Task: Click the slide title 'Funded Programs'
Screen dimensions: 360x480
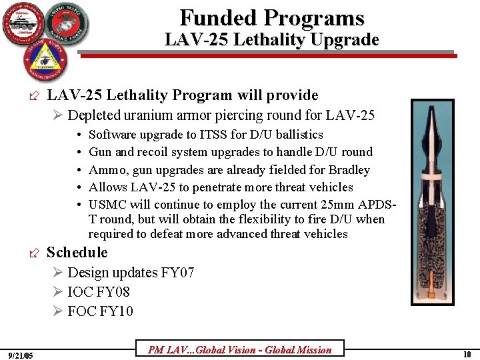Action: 272,17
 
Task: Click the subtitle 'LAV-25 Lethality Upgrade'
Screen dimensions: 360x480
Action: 272,40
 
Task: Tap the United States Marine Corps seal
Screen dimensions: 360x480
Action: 65,25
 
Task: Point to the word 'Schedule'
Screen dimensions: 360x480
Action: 77,252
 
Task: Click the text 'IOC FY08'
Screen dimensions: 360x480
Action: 99,292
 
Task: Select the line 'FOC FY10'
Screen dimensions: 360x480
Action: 100,311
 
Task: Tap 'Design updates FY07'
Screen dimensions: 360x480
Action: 131,273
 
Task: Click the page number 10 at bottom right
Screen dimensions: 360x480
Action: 467,354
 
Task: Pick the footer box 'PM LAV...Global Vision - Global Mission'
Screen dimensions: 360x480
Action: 239,349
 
